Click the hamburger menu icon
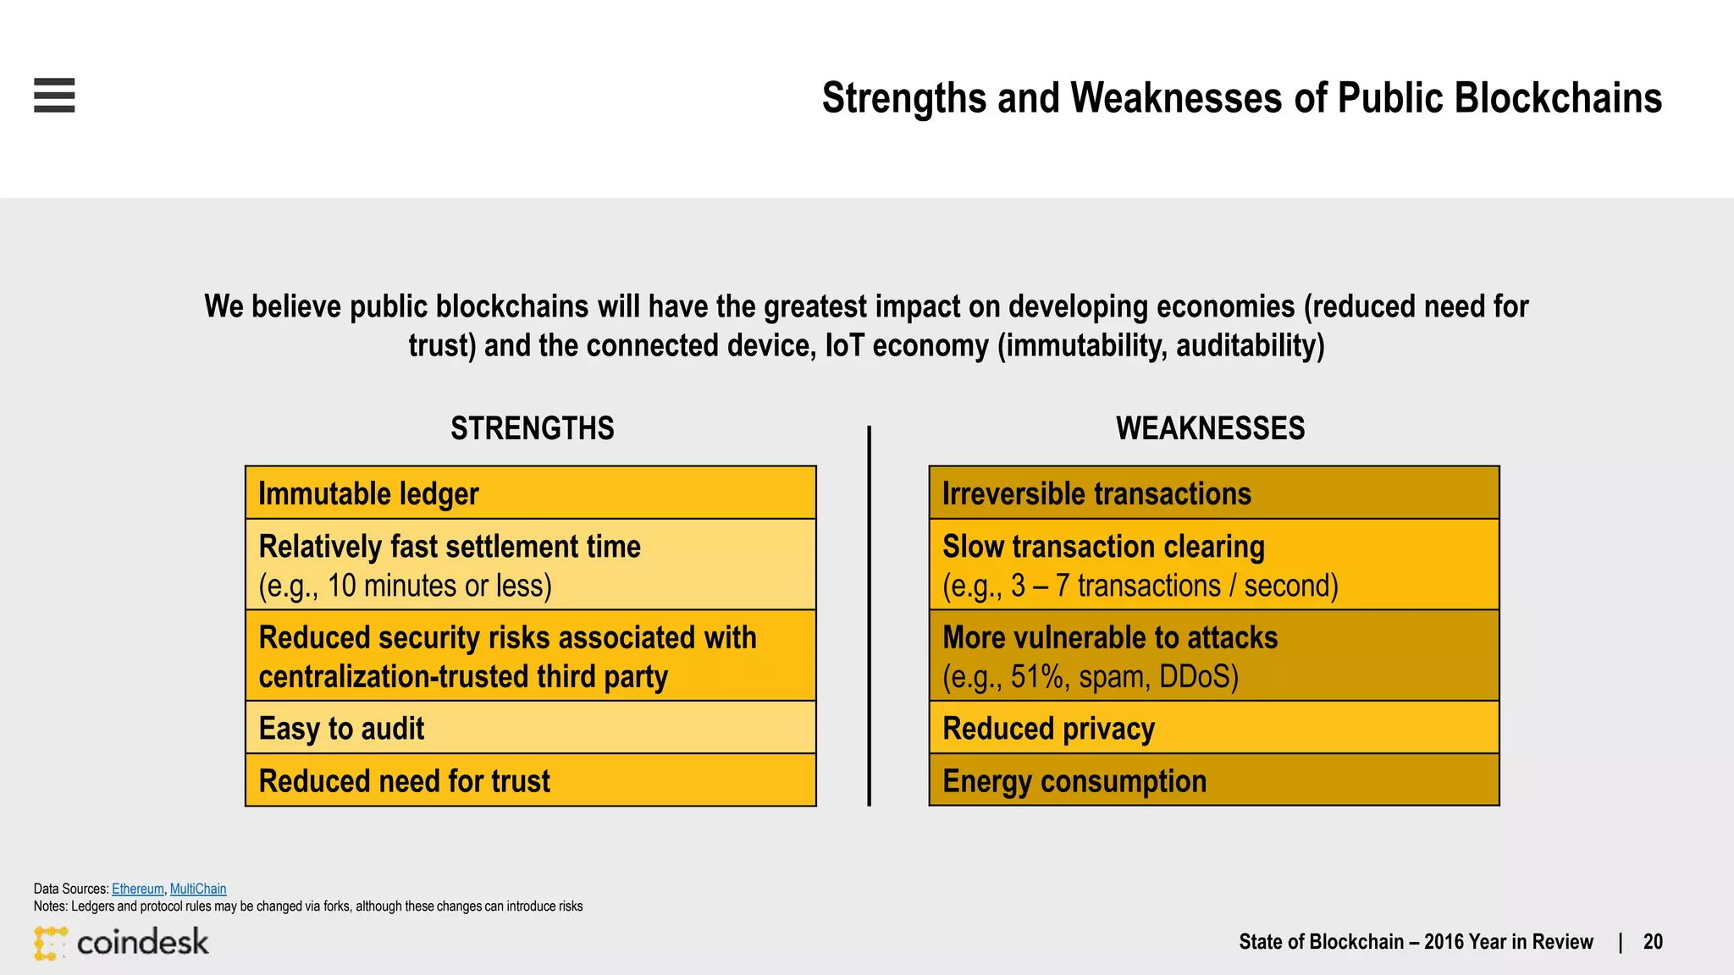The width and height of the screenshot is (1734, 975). pos(54,95)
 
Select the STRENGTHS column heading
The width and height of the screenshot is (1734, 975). pos(532,429)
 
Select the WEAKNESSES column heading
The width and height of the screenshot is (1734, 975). pos(1210,429)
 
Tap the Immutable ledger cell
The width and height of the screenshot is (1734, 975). pos(530,493)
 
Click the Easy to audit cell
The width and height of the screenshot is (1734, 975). pos(530,728)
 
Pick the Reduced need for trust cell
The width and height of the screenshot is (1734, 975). pos(530,780)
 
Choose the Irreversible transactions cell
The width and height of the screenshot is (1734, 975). pos(1213,493)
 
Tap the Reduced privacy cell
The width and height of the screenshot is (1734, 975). pos(1213,728)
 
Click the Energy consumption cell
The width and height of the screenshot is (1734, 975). pos(1213,780)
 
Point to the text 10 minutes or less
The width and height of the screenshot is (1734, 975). pos(439,586)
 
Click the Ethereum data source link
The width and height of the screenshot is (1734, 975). pos(137,889)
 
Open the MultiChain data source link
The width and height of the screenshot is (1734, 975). pos(198,889)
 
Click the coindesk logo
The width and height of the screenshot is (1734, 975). pos(121,942)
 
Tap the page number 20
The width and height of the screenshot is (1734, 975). pos(1652,942)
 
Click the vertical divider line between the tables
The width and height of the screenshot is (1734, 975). pos(869,616)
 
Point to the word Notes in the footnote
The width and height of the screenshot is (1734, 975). pos(49,906)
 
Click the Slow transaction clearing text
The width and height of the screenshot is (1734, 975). pos(1102,547)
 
